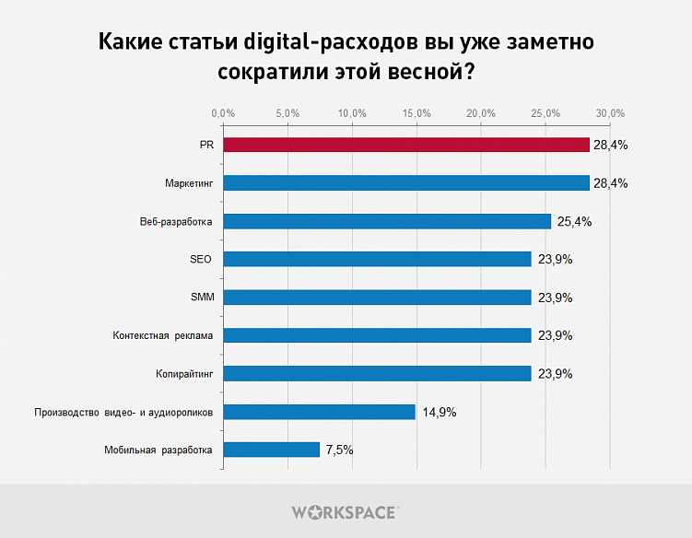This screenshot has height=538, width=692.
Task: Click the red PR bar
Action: [x=405, y=145]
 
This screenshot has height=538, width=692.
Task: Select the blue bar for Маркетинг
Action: [x=405, y=182]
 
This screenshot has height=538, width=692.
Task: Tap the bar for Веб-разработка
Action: [x=387, y=221]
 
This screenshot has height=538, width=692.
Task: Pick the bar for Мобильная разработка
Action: [x=271, y=450]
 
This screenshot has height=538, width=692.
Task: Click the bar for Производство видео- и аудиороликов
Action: [x=319, y=412]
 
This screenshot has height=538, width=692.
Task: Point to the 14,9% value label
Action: [x=440, y=412]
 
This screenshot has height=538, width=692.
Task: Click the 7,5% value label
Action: [x=339, y=450]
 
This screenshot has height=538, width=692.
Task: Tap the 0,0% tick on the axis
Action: [x=223, y=113]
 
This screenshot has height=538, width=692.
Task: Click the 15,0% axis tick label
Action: [x=416, y=113]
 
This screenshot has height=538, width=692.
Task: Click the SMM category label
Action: [x=200, y=298]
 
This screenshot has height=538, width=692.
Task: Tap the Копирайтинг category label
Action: [x=184, y=374]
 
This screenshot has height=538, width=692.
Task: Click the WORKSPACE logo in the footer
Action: [x=345, y=511]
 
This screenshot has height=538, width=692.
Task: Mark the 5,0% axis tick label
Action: [x=287, y=113]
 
